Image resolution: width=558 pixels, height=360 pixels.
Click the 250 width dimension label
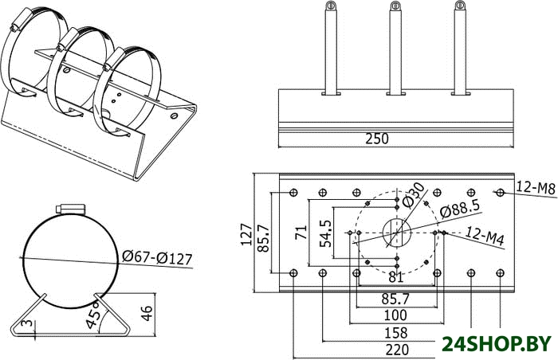pos(377,139)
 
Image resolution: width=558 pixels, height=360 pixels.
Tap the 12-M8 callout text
pos(536,187)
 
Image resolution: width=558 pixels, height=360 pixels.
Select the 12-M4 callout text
pos(485,236)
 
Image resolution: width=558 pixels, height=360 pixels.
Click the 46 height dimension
pos(147,313)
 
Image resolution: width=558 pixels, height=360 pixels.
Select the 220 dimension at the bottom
pos(397,350)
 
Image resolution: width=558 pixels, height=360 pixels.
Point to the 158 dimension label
pos(395,333)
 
